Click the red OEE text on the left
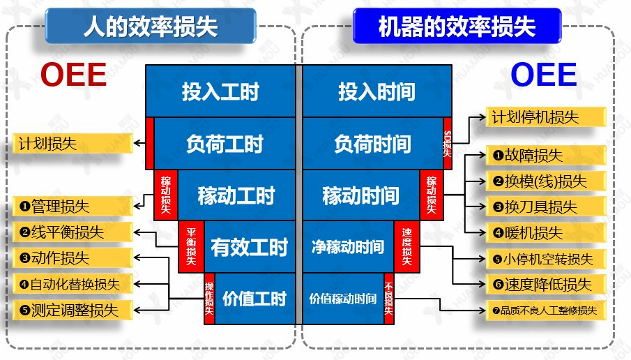73,75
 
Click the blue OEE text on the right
544,75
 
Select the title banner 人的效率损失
150,27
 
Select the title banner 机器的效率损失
457,27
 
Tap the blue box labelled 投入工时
220,91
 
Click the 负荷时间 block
372,144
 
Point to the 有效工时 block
248,247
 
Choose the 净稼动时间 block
347,247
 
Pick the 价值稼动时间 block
342,299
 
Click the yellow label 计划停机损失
535,117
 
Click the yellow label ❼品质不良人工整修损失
544,310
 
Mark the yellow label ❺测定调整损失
74,309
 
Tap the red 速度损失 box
407,247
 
